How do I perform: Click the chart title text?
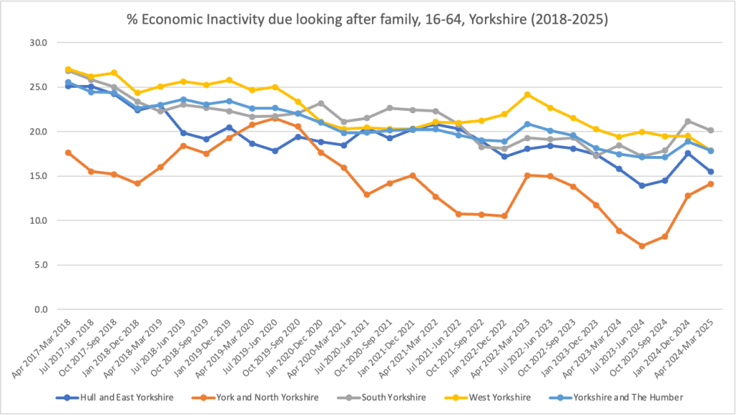click(368, 19)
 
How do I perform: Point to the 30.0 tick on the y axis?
click(37, 43)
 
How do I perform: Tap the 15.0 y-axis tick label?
click(37, 176)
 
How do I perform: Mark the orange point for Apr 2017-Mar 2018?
click(68, 152)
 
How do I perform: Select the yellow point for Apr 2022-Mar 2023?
click(527, 94)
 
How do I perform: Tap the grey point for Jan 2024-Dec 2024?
click(688, 122)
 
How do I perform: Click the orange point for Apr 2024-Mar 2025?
click(711, 184)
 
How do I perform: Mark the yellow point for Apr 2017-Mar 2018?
click(68, 69)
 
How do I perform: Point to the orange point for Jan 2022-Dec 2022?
click(504, 216)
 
